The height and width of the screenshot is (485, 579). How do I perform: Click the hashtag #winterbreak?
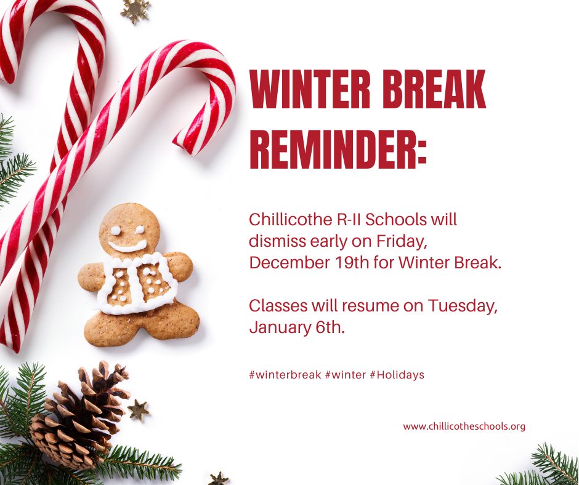pos(285,374)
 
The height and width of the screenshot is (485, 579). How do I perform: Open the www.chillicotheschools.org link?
pos(464,426)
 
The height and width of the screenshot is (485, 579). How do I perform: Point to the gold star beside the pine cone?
pos(138,410)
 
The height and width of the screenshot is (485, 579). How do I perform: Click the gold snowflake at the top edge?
pos(135,10)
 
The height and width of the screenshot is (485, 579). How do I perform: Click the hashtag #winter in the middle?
pos(345,374)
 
